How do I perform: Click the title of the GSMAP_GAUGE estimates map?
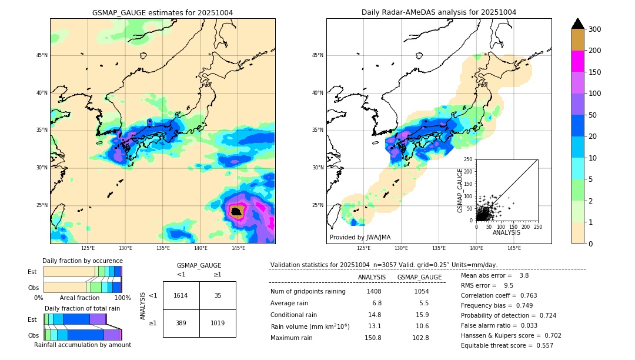(162, 12)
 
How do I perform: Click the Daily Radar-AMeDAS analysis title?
(439, 12)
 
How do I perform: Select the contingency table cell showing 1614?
(181, 295)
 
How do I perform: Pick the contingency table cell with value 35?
(218, 295)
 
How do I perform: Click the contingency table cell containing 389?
(181, 323)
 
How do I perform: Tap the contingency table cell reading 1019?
(218, 323)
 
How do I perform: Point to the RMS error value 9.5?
(509, 285)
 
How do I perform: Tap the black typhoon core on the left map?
(236, 211)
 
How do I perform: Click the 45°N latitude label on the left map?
(42, 56)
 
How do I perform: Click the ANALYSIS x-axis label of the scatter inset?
(506, 232)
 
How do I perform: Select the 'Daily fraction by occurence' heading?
(82, 261)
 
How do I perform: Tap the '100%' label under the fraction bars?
(122, 298)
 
